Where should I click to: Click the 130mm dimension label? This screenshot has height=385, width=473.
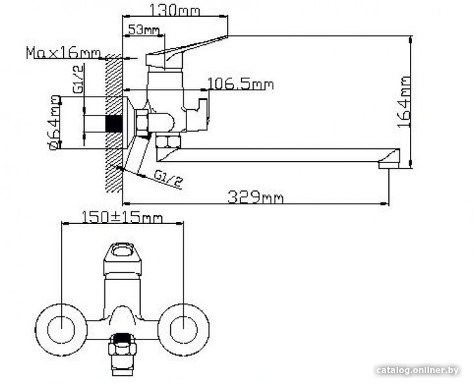[174, 10]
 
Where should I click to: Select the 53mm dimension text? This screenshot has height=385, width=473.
[144, 29]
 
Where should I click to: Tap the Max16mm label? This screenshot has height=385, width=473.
[63, 52]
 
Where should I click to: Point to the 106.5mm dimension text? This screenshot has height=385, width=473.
[241, 84]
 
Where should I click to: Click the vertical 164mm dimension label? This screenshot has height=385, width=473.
[404, 101]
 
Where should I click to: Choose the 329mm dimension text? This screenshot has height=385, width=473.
[256, 197]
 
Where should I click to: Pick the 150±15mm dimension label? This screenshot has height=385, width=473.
[122, 217]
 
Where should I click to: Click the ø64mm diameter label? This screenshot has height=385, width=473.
[54, 122]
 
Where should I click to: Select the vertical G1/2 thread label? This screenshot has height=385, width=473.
[78, 79]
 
